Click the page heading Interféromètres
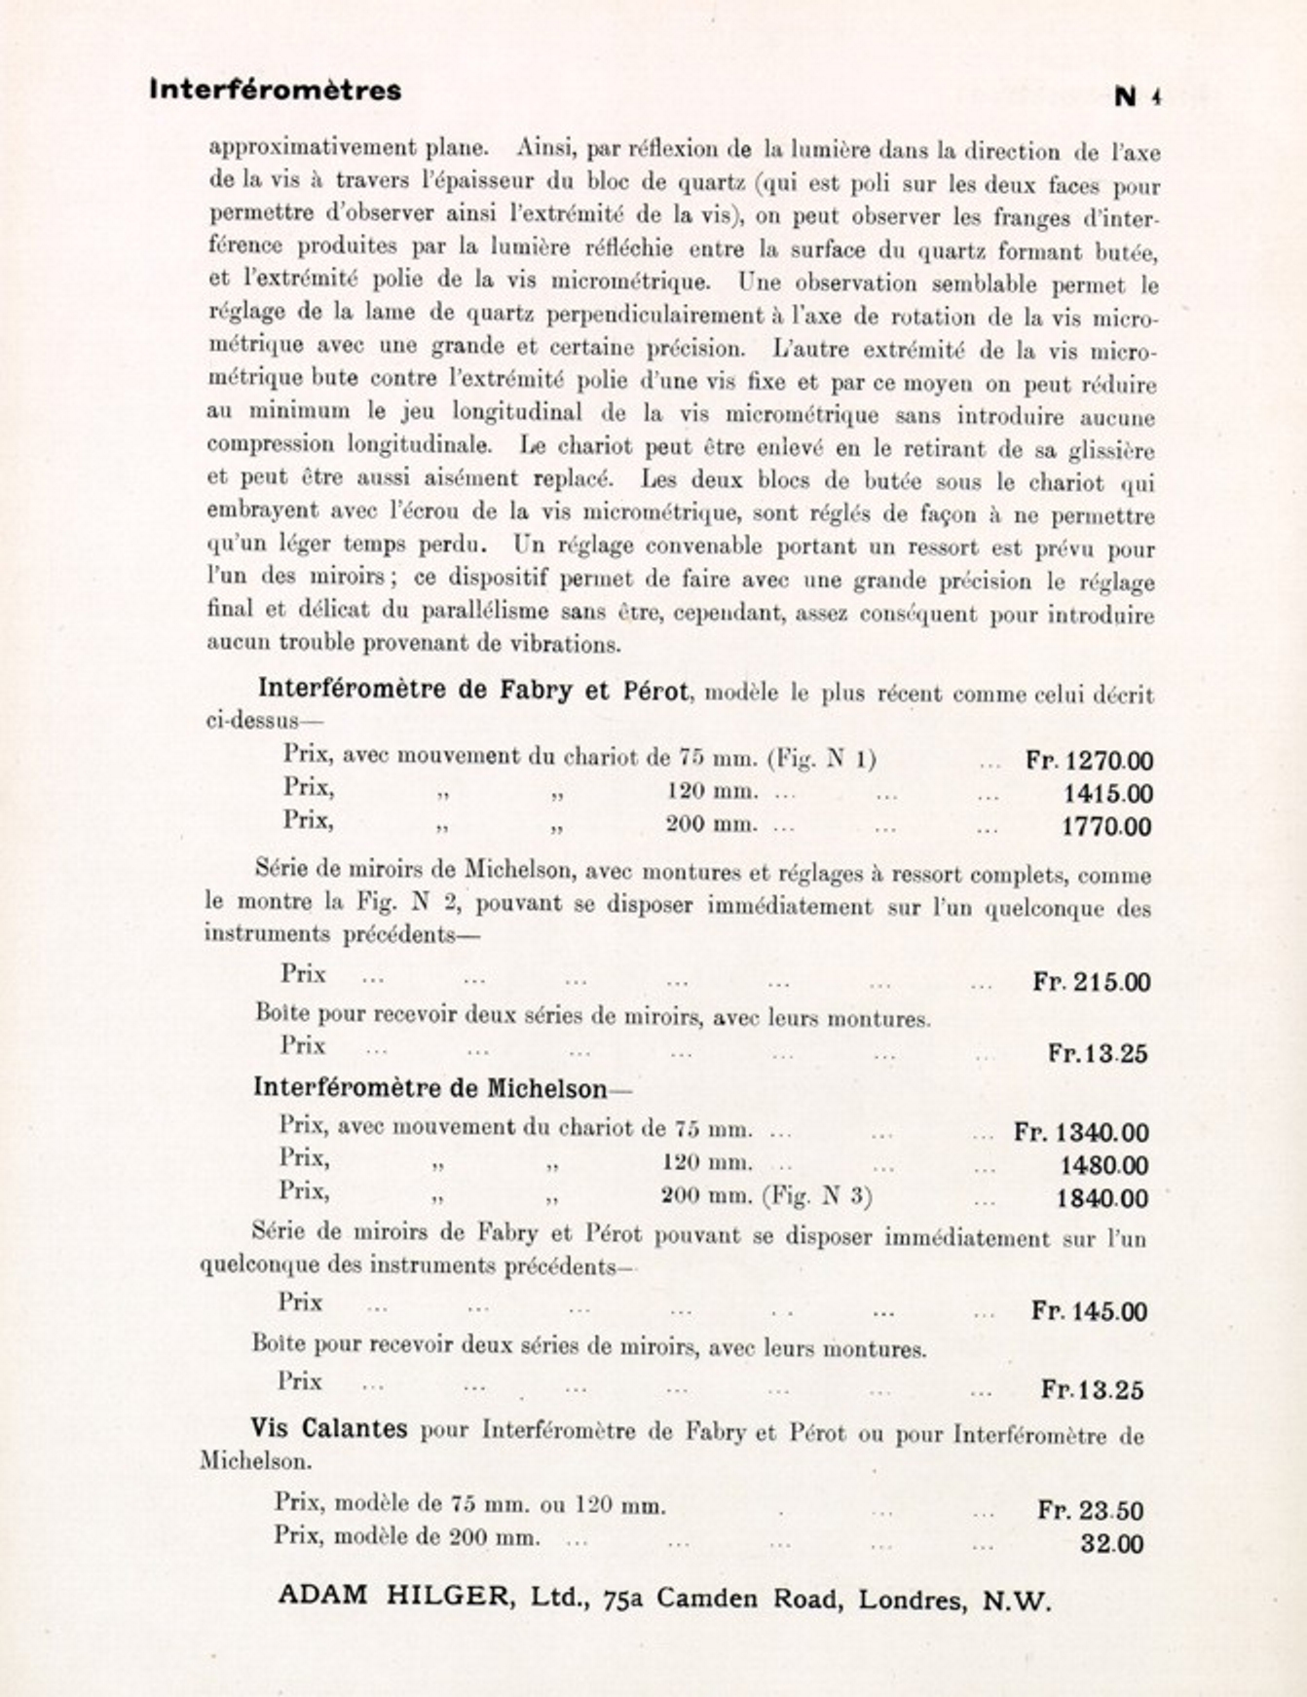pos(276,91)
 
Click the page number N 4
pos(1139,96)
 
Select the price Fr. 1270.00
pos(1089,761)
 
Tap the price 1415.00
pos(1107,794)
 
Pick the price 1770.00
pos(1106,827)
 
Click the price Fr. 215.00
pos(1092,982)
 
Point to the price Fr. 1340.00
pos(1081,1133)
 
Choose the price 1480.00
pos(1103,1166)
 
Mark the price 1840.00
pos(1102,1198)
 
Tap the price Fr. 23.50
pos(1091,1511)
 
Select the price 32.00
pos(1111,1544)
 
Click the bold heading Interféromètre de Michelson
pos(430,1087)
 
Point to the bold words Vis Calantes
pos(329,1429)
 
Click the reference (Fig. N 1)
pos(822,758)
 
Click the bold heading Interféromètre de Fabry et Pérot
pos(474,690)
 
